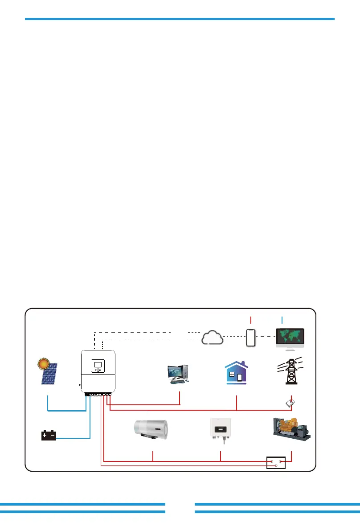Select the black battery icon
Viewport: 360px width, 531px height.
point(49,435)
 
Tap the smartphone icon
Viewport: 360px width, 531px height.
point(251,337)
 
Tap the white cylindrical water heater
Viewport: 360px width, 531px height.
point(152,430)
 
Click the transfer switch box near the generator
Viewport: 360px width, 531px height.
point(275,462)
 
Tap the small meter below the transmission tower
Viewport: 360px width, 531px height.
point(290,403)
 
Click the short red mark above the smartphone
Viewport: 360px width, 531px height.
point(251,319)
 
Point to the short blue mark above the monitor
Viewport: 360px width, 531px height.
point(282,319)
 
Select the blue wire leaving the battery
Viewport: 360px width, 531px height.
point(74,438)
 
